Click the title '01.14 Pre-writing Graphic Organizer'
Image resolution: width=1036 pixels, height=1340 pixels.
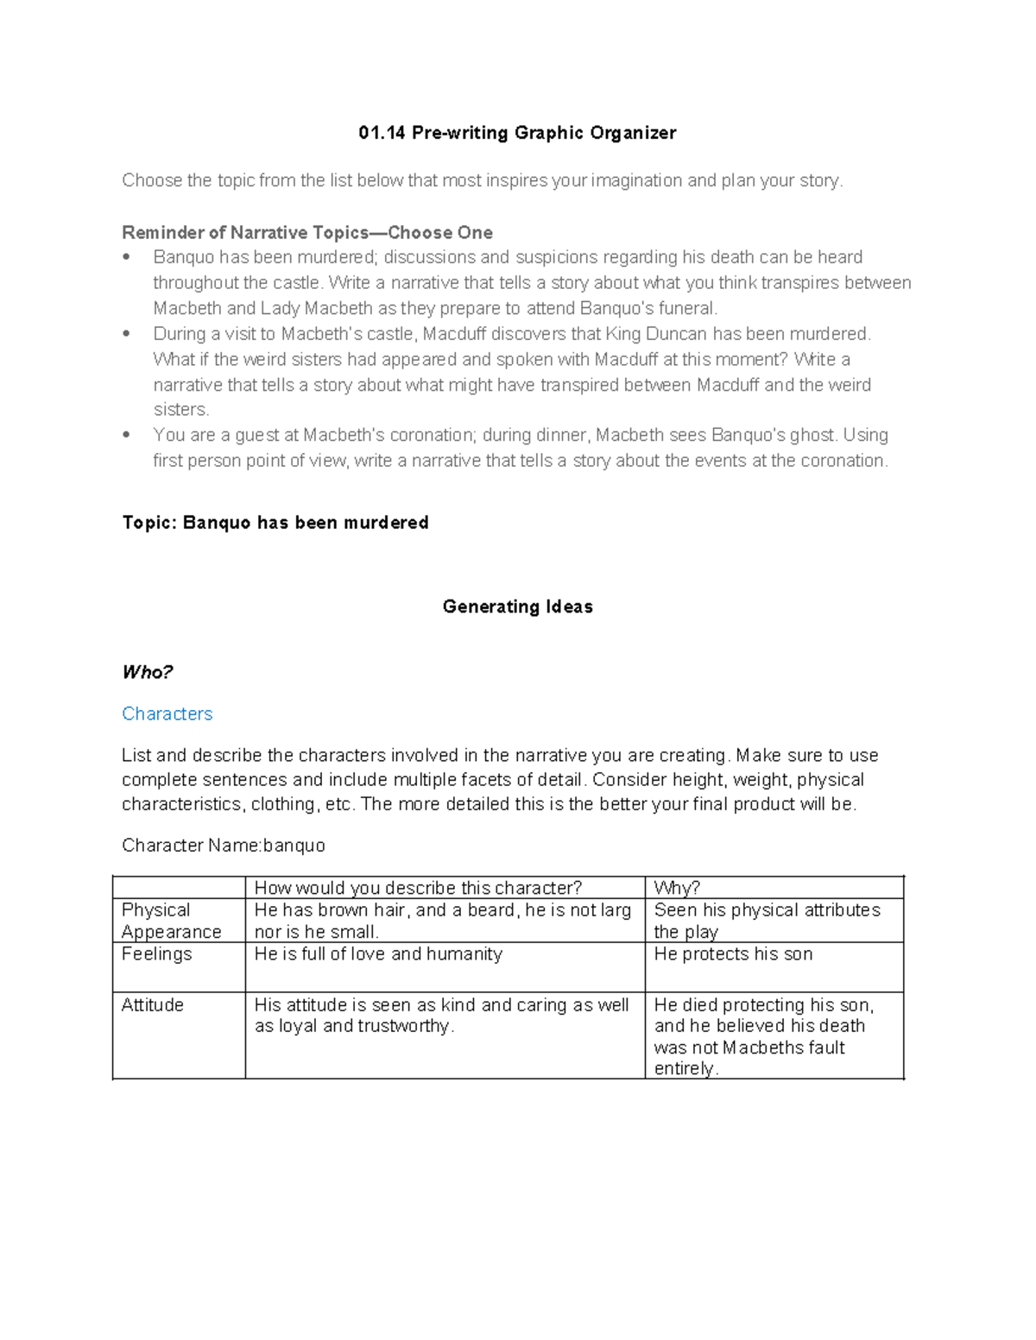pyautogui.click(x=517, y=133)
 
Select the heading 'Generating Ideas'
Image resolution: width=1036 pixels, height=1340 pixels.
pyautogui.click(x=517, y=607)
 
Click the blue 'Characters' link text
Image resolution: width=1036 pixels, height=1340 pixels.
pyautogui.click(x=167, y=714)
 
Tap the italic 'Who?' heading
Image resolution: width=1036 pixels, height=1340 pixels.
pyautogui.click(x=148, y=672)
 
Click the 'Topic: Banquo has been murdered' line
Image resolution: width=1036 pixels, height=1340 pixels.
pyautogui.click(x=275, y=523)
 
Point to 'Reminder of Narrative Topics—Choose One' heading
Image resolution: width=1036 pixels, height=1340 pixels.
pyautogui.click(x=307, y=233)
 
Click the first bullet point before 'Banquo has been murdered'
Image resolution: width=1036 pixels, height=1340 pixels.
pyautogui.click(x=127, y=257)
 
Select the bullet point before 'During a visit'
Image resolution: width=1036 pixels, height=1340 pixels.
pyautogui.click(x=127, y=334)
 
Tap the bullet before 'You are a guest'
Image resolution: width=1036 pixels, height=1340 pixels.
pyautogui.click(x=127, y=435)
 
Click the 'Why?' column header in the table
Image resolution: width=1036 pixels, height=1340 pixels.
pyautogui.click(x=677, y=888)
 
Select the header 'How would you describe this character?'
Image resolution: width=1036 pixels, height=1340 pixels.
pyautogui.click(x=418, y=888)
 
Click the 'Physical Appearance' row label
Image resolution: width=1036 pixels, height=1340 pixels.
pyautogui.click(x=171, y=921)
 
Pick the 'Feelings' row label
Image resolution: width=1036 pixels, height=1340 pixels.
pyautogui.click(x=156, y=954)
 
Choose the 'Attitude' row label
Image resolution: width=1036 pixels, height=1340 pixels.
pyautogui.click(x=152, y=1005)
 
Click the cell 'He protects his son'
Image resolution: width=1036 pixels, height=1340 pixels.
pyautogui.click(x=733, y=954)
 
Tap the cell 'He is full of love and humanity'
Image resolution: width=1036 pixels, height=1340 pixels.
pyautogui.click(x=378, y=954)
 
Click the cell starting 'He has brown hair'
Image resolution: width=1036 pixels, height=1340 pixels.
pyautogui.click(x=442, y=921)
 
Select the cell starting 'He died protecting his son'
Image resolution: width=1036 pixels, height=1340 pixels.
pyautogui.click(x=763, y=1035)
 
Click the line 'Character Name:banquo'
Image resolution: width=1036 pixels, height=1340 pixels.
pyautogui.click(x=223, y=846)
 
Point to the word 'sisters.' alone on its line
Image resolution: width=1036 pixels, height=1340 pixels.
pyautogui.click(x=180, y=410)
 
